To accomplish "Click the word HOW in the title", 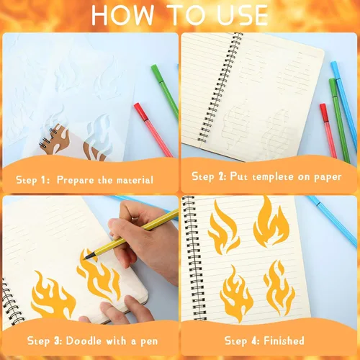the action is pyautogui.click(x=122, y=15).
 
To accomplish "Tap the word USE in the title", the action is pyautogui.click(x=242, y=15).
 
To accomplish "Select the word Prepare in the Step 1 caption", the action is pyautogui.click(x=76, y=180).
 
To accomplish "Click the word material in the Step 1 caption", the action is pyautogui.click(x=135, y=180).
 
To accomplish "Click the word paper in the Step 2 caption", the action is pyautogui.click(x=328, y=178).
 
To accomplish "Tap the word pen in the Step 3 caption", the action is pyautogui.click(x=149, y=342).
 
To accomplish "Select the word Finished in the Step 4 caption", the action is pyautogui.click(x=284, y=341).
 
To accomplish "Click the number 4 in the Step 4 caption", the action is pyautogui.click(x=254, y=341).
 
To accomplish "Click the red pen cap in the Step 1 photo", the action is pyautogui.click(x=141, y=112).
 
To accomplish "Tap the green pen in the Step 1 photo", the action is pyautogui.click(x=165, y=91).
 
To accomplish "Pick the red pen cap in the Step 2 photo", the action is pyautogui.click(x=324, y=112).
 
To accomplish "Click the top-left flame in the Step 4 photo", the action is pyautogui.click(x=224, y=228).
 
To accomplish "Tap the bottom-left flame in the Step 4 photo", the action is pyautogui.click(x=236, y=294).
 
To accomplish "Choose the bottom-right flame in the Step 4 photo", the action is pyautogui.click(x=279, y=288).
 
